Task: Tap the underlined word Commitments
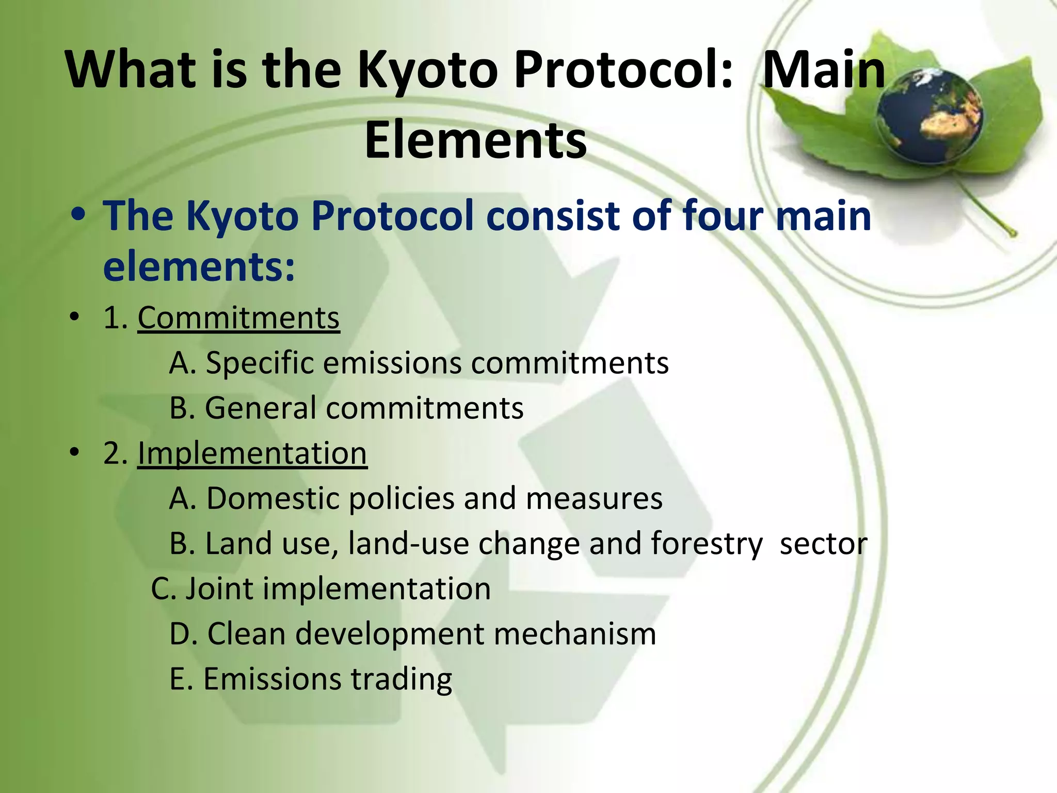tap(238, 318)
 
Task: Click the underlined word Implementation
tap(252, 453)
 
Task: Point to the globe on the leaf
tap(930, 119)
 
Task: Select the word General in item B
tap(261, 408)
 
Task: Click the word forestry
tap(707, 544)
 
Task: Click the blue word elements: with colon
tap(199, 266)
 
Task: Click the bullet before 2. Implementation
tap(75, 453)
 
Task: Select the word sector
tap(823, 544)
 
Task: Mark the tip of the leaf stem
tap(1013, 234)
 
